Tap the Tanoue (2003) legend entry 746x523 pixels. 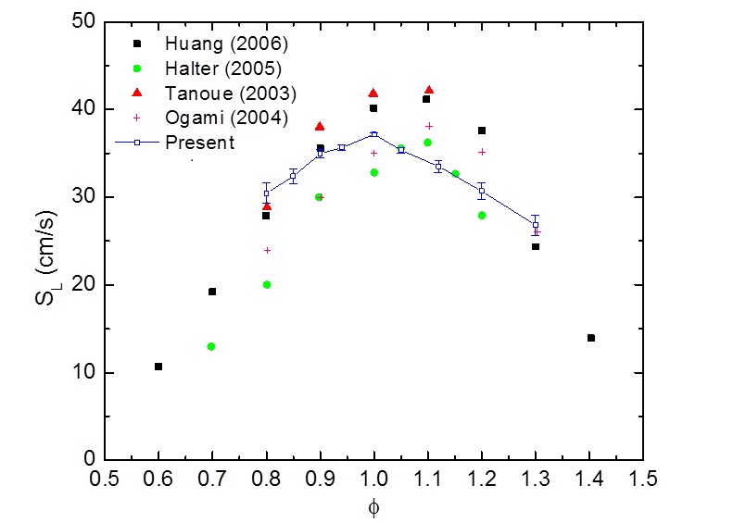(219, 93)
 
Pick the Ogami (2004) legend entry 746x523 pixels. (214, 118)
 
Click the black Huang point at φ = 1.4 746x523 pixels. (590, 338)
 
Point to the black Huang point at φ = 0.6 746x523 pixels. (158, 367)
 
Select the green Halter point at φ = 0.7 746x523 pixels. (211, 346)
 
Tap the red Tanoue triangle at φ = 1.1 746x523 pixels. (428, 90)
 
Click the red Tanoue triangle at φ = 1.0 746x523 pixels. (373, 93)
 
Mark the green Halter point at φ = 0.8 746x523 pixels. (267, 284)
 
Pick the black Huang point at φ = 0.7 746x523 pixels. (212, 292)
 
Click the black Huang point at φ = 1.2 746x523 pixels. (482, 131)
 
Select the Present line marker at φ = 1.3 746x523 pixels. (536, 225)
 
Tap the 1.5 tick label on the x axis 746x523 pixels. (643, 480)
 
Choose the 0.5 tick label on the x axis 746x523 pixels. (105, 480)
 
